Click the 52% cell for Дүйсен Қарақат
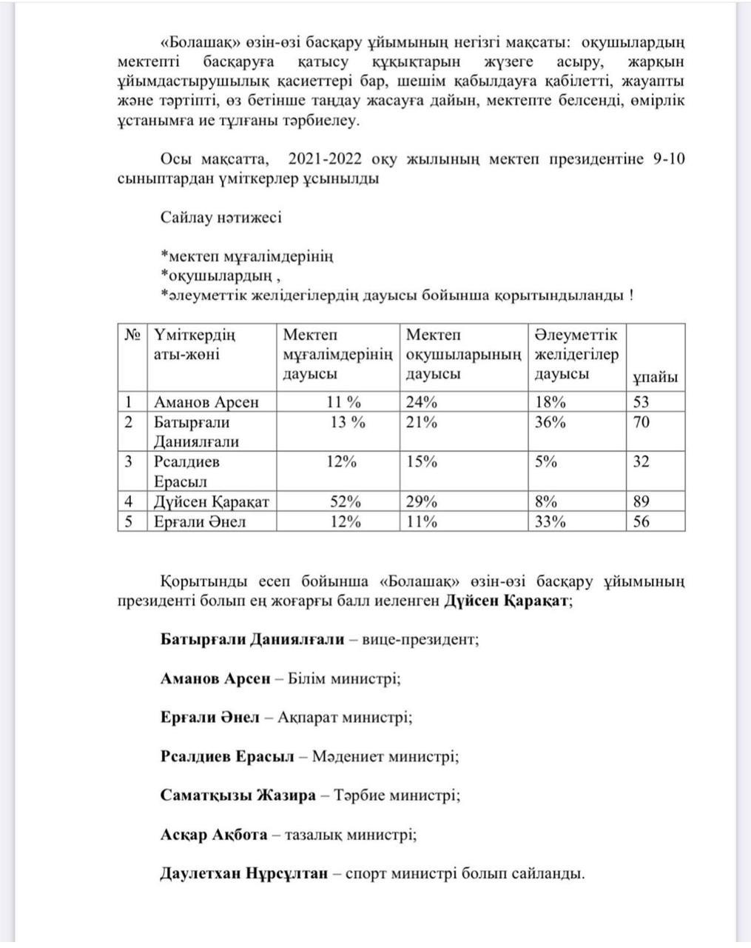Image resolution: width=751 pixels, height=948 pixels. coord(345,502)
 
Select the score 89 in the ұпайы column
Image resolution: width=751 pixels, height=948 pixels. coord(641,502)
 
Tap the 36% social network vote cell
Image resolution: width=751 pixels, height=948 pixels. coord(550,422)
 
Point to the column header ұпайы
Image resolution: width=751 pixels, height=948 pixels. coord(655,377)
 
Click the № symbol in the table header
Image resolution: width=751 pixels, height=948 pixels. coord(132,335)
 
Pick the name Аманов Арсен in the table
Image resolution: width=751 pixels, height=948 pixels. coord(206,402)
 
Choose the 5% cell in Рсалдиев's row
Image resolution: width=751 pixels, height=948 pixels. coord(546,461)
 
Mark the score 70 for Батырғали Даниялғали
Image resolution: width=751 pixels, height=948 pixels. coord(641,422)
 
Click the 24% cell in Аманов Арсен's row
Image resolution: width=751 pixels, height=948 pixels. coord(422,402)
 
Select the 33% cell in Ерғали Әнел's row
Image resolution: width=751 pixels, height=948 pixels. coord(550,521)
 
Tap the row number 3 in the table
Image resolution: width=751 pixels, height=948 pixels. coord(129,461)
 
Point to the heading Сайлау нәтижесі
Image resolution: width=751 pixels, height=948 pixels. coord(220,218)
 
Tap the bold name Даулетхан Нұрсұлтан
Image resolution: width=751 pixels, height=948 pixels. coord(243,873)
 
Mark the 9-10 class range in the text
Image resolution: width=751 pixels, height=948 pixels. coord(668,159)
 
